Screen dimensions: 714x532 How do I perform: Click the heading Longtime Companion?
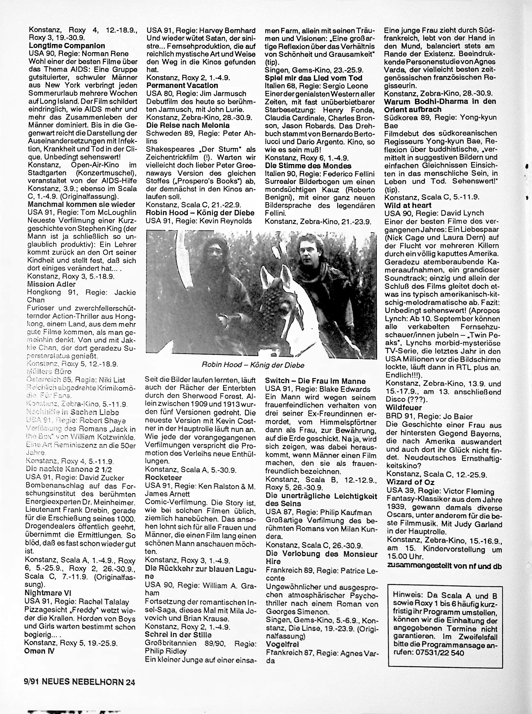pyautogui.click(x=67, y=46)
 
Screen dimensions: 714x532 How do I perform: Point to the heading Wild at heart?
pyautogui.click(x=408, y=205)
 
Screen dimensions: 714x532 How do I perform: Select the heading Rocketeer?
pyautogui.click(x=163, y=477)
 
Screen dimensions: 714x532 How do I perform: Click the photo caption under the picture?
pyautogui.click(x=253, y=365)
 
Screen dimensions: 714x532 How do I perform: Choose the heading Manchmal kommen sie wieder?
pyautogui.click(x=81, y=205)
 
